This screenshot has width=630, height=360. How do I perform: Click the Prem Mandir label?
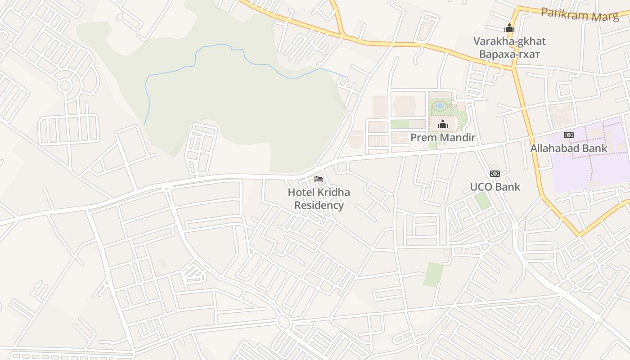pyautogui.click(x=443, y=137)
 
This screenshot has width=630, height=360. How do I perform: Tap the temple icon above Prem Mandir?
pyautogui.click(x=443, y=124)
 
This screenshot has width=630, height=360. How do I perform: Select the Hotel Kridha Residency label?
pyautogui.click(x=319, y=199)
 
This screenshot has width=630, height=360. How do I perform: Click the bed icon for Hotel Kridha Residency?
pyautogui.click(x=319, y=179)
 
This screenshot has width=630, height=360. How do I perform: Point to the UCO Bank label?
pyautogui.click(x=495, y=187)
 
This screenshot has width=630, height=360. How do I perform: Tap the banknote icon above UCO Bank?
pyautogui.click(x=495, y=174)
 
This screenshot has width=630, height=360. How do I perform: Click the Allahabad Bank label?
pyautogui.click(x=568, y=148)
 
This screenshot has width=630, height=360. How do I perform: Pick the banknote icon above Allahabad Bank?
pyautogui.click(x=569, y=135)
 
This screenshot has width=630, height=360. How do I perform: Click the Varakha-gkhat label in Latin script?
pyautogui.click(x=509, y=41)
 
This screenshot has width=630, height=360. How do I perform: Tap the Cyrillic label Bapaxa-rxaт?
pyautogui.click(x=509, y=54)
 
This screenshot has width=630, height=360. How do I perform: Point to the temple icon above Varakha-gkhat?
pyautogui.click(x=509, y=28)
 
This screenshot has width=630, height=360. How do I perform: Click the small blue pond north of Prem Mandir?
pyautogui.click(x=440, y=106)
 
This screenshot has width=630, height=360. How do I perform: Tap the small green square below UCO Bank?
pyautogui.click(x=483, y=201)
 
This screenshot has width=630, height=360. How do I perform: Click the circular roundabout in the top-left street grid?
pyautogui.click(x=65, y=85)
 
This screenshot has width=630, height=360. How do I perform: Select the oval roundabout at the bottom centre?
pyautogui.click(x=283, y=321)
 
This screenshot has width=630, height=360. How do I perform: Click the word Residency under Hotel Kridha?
pyautogui.click(x=319, y=206)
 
